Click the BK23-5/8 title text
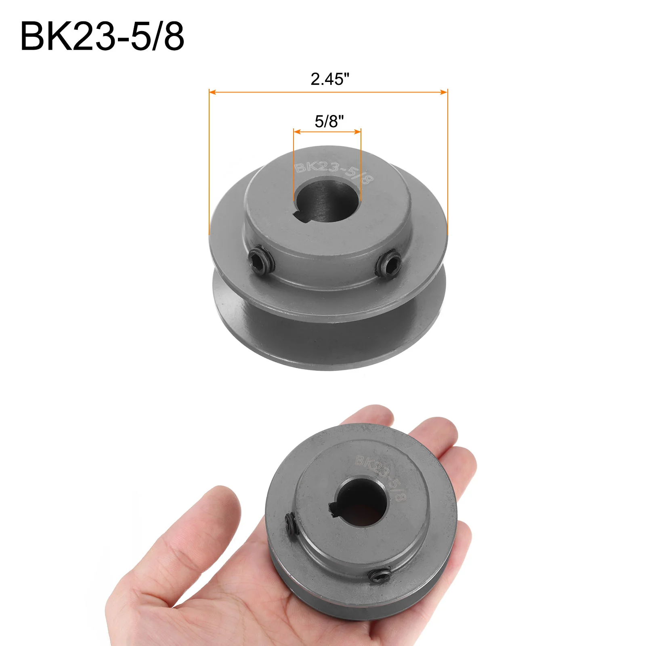(102, 36)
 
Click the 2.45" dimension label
(330, 79)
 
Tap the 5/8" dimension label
(329, 121)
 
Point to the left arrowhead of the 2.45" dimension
(213, 92)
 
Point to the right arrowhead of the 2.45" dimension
(444, 92)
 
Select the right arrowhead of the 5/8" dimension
(357, 132)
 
